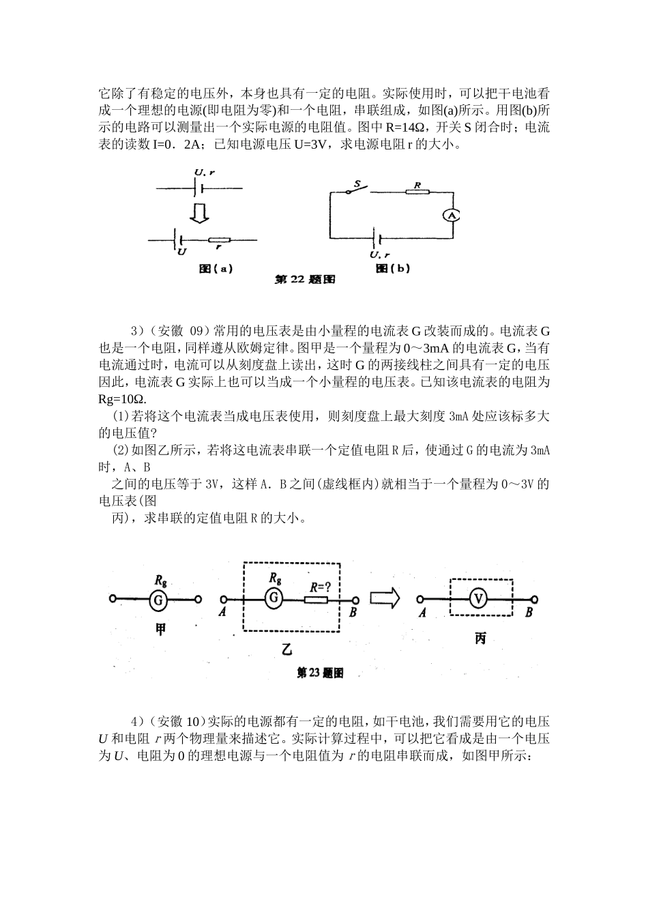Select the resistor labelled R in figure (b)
point(417,192)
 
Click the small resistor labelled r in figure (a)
point(220,240)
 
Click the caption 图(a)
point(216,268)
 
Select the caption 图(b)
point(393,268)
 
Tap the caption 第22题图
point(305,279)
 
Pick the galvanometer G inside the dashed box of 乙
point(274,598)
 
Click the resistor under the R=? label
point(316,600)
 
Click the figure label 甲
point(160,630)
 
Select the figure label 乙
point(288,649)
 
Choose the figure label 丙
point(480,639)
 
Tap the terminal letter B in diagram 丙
point(529,613)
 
